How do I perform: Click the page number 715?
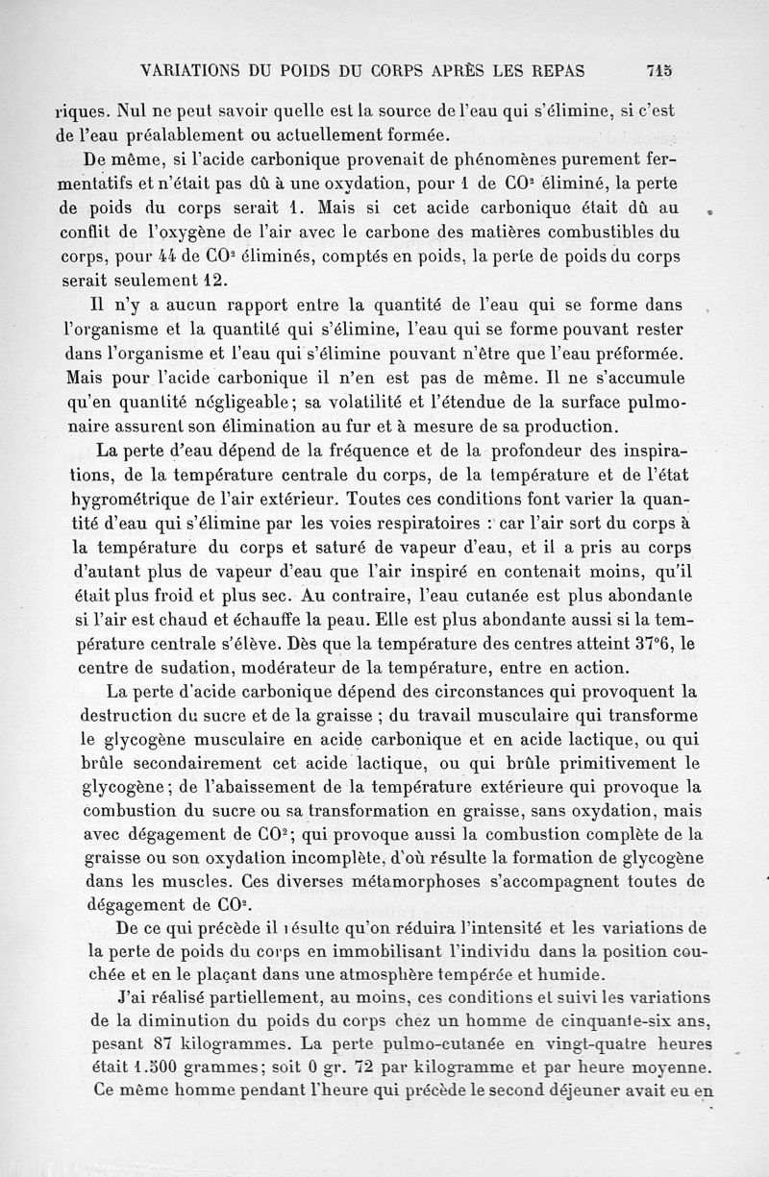coord(658,69)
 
